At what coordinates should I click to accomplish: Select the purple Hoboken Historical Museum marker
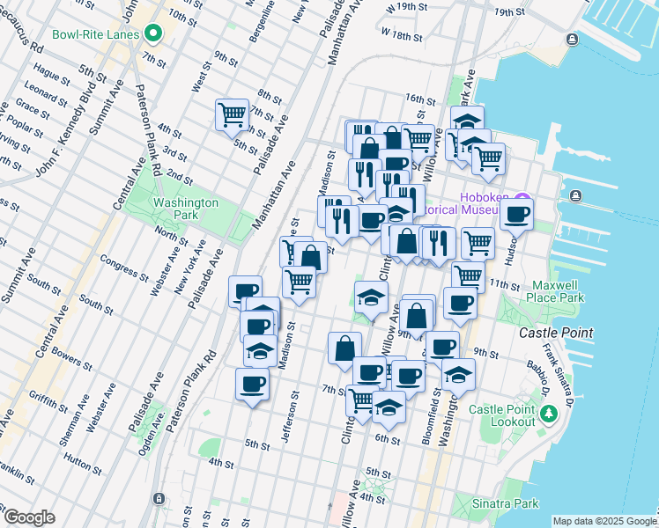[522, 198]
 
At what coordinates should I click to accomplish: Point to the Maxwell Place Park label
[558, 292]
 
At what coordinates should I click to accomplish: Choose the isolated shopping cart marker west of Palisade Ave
[233, 114]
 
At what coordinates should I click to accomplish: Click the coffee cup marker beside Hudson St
[516, 213]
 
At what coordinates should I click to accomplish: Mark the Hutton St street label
[84, 458]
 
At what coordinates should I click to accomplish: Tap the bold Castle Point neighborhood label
[555, 334]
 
